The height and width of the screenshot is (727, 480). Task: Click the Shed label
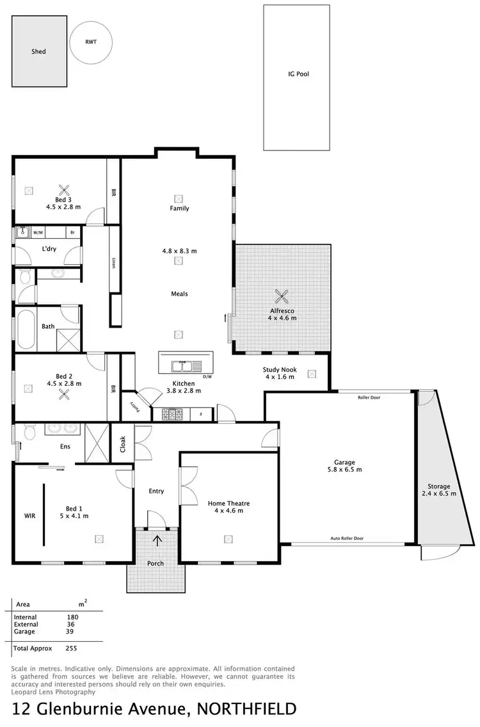(x=38, y=51)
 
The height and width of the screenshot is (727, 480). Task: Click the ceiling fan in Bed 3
(x=64, y=189)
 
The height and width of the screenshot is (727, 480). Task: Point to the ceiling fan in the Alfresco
(x=282, y=296)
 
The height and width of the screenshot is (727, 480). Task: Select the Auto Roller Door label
(x=348, y=539)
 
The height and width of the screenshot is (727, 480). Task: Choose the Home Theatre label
(x=228, y=504)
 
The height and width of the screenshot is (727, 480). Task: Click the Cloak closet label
(x=123, y=443)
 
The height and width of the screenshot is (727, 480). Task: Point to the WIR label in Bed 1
(x=30, y=515)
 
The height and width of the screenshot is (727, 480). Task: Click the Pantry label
(x=135, y=404)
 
